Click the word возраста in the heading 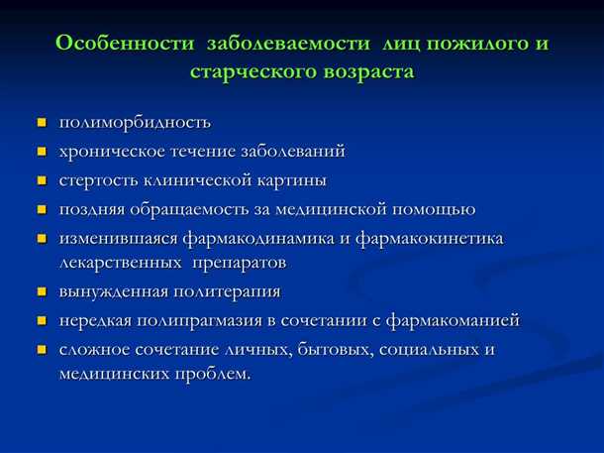366,73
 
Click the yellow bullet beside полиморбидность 42,123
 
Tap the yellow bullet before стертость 42,181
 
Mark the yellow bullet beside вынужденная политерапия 42,292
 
